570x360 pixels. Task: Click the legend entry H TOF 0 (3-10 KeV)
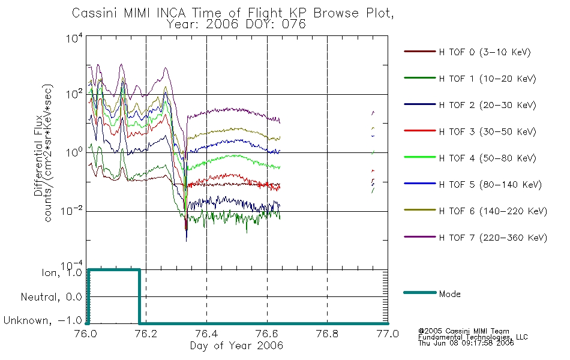[x=485, y=52]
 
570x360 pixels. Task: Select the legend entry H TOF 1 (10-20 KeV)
[x=487, y=79]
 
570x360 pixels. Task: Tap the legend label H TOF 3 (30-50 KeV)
[x=487, y=131]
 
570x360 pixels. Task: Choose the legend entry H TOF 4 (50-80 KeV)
[x=487, y=158]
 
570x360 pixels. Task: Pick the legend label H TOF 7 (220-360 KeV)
[x=493, y=238]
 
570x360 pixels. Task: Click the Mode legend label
[x=449, y=294]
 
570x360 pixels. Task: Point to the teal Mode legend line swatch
[x=420, y=292]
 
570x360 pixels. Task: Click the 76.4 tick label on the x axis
[x=206, y=334]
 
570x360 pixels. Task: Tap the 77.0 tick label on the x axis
[x=388, y=334]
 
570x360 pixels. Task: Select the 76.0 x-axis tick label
[x=86, y=334]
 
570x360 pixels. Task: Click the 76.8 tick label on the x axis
[x=327, y=334]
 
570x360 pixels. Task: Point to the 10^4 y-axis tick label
[x=74, y=38]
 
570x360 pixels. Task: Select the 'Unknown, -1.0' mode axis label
[x=43, y=320]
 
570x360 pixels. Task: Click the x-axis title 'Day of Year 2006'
[x=236, y=346]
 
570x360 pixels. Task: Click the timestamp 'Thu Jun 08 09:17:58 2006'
[x=466, y=343]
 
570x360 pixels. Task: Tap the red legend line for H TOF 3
[x=420, y=131]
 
